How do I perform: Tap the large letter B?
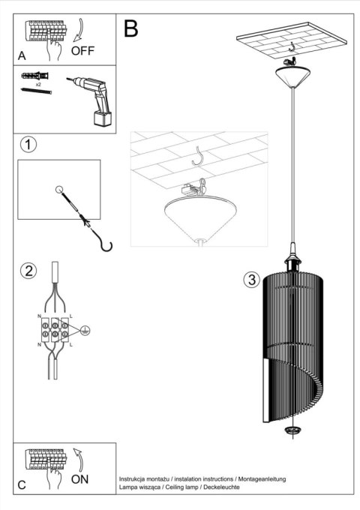tap(130, 29)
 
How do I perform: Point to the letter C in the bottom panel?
tap(23, 484)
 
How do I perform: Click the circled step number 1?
tap(28, 144)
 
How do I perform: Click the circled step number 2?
tap(28, 271)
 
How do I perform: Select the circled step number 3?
tap(252, 280)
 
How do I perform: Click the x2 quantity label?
tap(36, 86)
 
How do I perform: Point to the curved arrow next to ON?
tap(80, 458)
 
